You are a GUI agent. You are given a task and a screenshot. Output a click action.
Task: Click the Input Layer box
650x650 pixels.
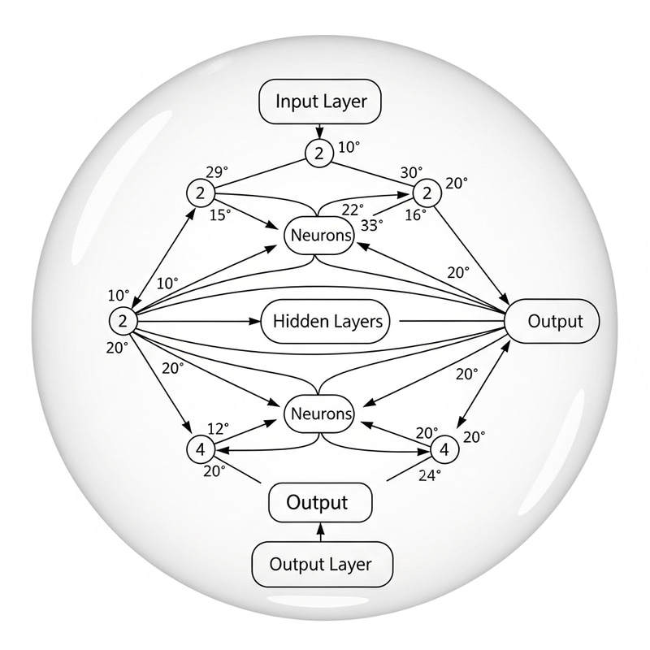pyautogui.click(x=321, y=102)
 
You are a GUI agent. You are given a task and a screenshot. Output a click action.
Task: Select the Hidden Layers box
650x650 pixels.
pyautogui.click(x=327, y=322)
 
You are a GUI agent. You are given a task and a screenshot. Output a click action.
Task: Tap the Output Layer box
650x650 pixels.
pyautogui.click(x=320, y=564)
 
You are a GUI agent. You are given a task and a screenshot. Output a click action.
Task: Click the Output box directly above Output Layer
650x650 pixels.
pyautogui.click(x=319, y=502)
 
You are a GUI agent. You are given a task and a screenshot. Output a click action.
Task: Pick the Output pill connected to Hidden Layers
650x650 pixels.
pyautogui.click(x=552, y=321)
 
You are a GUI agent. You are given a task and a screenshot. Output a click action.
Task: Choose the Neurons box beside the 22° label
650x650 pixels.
pyautogui.click(x=319, y=237)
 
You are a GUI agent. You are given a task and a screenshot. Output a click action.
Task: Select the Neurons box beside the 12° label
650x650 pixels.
pyautogui.click(x=319, y=414)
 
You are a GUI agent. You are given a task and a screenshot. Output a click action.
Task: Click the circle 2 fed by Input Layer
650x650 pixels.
pyautogui.click(x=319, y=153)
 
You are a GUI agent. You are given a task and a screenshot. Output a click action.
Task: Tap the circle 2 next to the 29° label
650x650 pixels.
pyautogui.click(x=199, y=193)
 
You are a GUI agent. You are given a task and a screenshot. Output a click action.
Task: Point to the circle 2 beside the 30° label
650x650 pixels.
pyautogui.click(x=425, y=193)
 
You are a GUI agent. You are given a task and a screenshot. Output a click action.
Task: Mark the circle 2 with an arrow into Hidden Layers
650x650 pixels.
pyautogui.click(x=122, y=321)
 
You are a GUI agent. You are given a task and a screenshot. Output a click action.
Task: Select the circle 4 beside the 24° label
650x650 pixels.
pyautogui.click(x=444, y=448)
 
